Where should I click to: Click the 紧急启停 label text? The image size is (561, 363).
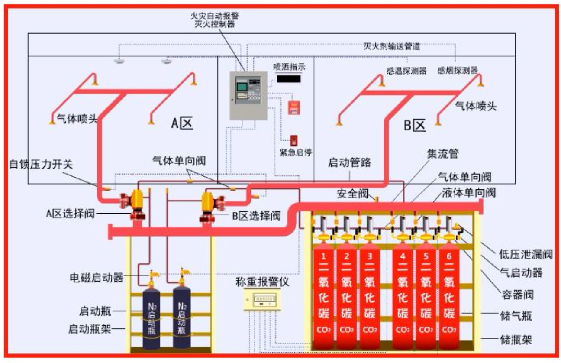point(296,152)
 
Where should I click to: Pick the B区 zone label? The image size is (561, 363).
point(415,125)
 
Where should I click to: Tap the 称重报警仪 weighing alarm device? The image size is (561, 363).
point(262,299)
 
